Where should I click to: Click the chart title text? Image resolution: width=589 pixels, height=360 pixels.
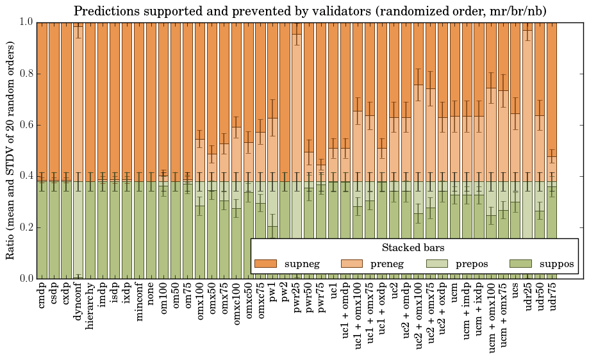310,11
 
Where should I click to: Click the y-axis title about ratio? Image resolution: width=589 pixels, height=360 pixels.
11,150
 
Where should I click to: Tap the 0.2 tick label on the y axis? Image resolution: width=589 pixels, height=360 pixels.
25,227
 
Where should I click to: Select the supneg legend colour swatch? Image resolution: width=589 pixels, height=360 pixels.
265,264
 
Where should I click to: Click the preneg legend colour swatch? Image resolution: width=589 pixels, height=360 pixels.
351,264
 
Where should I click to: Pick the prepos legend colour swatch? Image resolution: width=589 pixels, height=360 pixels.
437,264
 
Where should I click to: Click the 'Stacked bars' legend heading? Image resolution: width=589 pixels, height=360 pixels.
413,248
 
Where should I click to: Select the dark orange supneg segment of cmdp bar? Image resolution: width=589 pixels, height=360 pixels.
42,96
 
